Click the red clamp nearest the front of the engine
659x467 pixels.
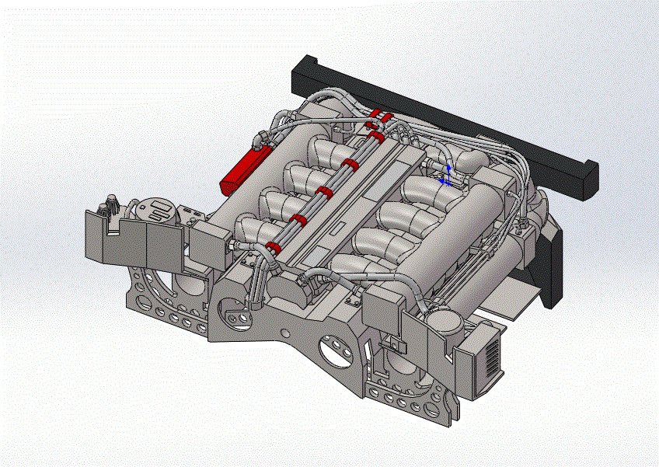point(273,247)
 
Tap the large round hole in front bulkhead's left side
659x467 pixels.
point(231,318)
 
